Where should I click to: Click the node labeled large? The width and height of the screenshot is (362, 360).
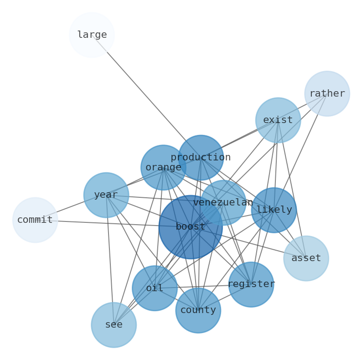[92, 35]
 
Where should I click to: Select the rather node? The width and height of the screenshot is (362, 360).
[327, 93]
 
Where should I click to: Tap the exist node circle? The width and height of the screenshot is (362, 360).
[278, 120]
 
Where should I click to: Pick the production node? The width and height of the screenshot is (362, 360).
[201, 158]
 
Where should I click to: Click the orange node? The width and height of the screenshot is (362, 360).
[163, 168]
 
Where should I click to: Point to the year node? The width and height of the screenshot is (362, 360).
[106, 195]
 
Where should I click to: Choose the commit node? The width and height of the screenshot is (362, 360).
[35, 220]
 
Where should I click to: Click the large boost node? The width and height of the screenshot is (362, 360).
[191, 227]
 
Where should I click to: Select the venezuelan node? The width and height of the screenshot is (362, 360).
[223, 203]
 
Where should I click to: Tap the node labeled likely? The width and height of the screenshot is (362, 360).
[274, 210]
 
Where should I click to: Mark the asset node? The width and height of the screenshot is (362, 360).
[306, 258]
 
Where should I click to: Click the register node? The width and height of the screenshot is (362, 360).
[251, 284]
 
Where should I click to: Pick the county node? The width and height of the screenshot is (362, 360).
[198, 310]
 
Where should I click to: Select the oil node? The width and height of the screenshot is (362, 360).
[155, 288]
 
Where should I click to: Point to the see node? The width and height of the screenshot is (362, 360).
[114, 325]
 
